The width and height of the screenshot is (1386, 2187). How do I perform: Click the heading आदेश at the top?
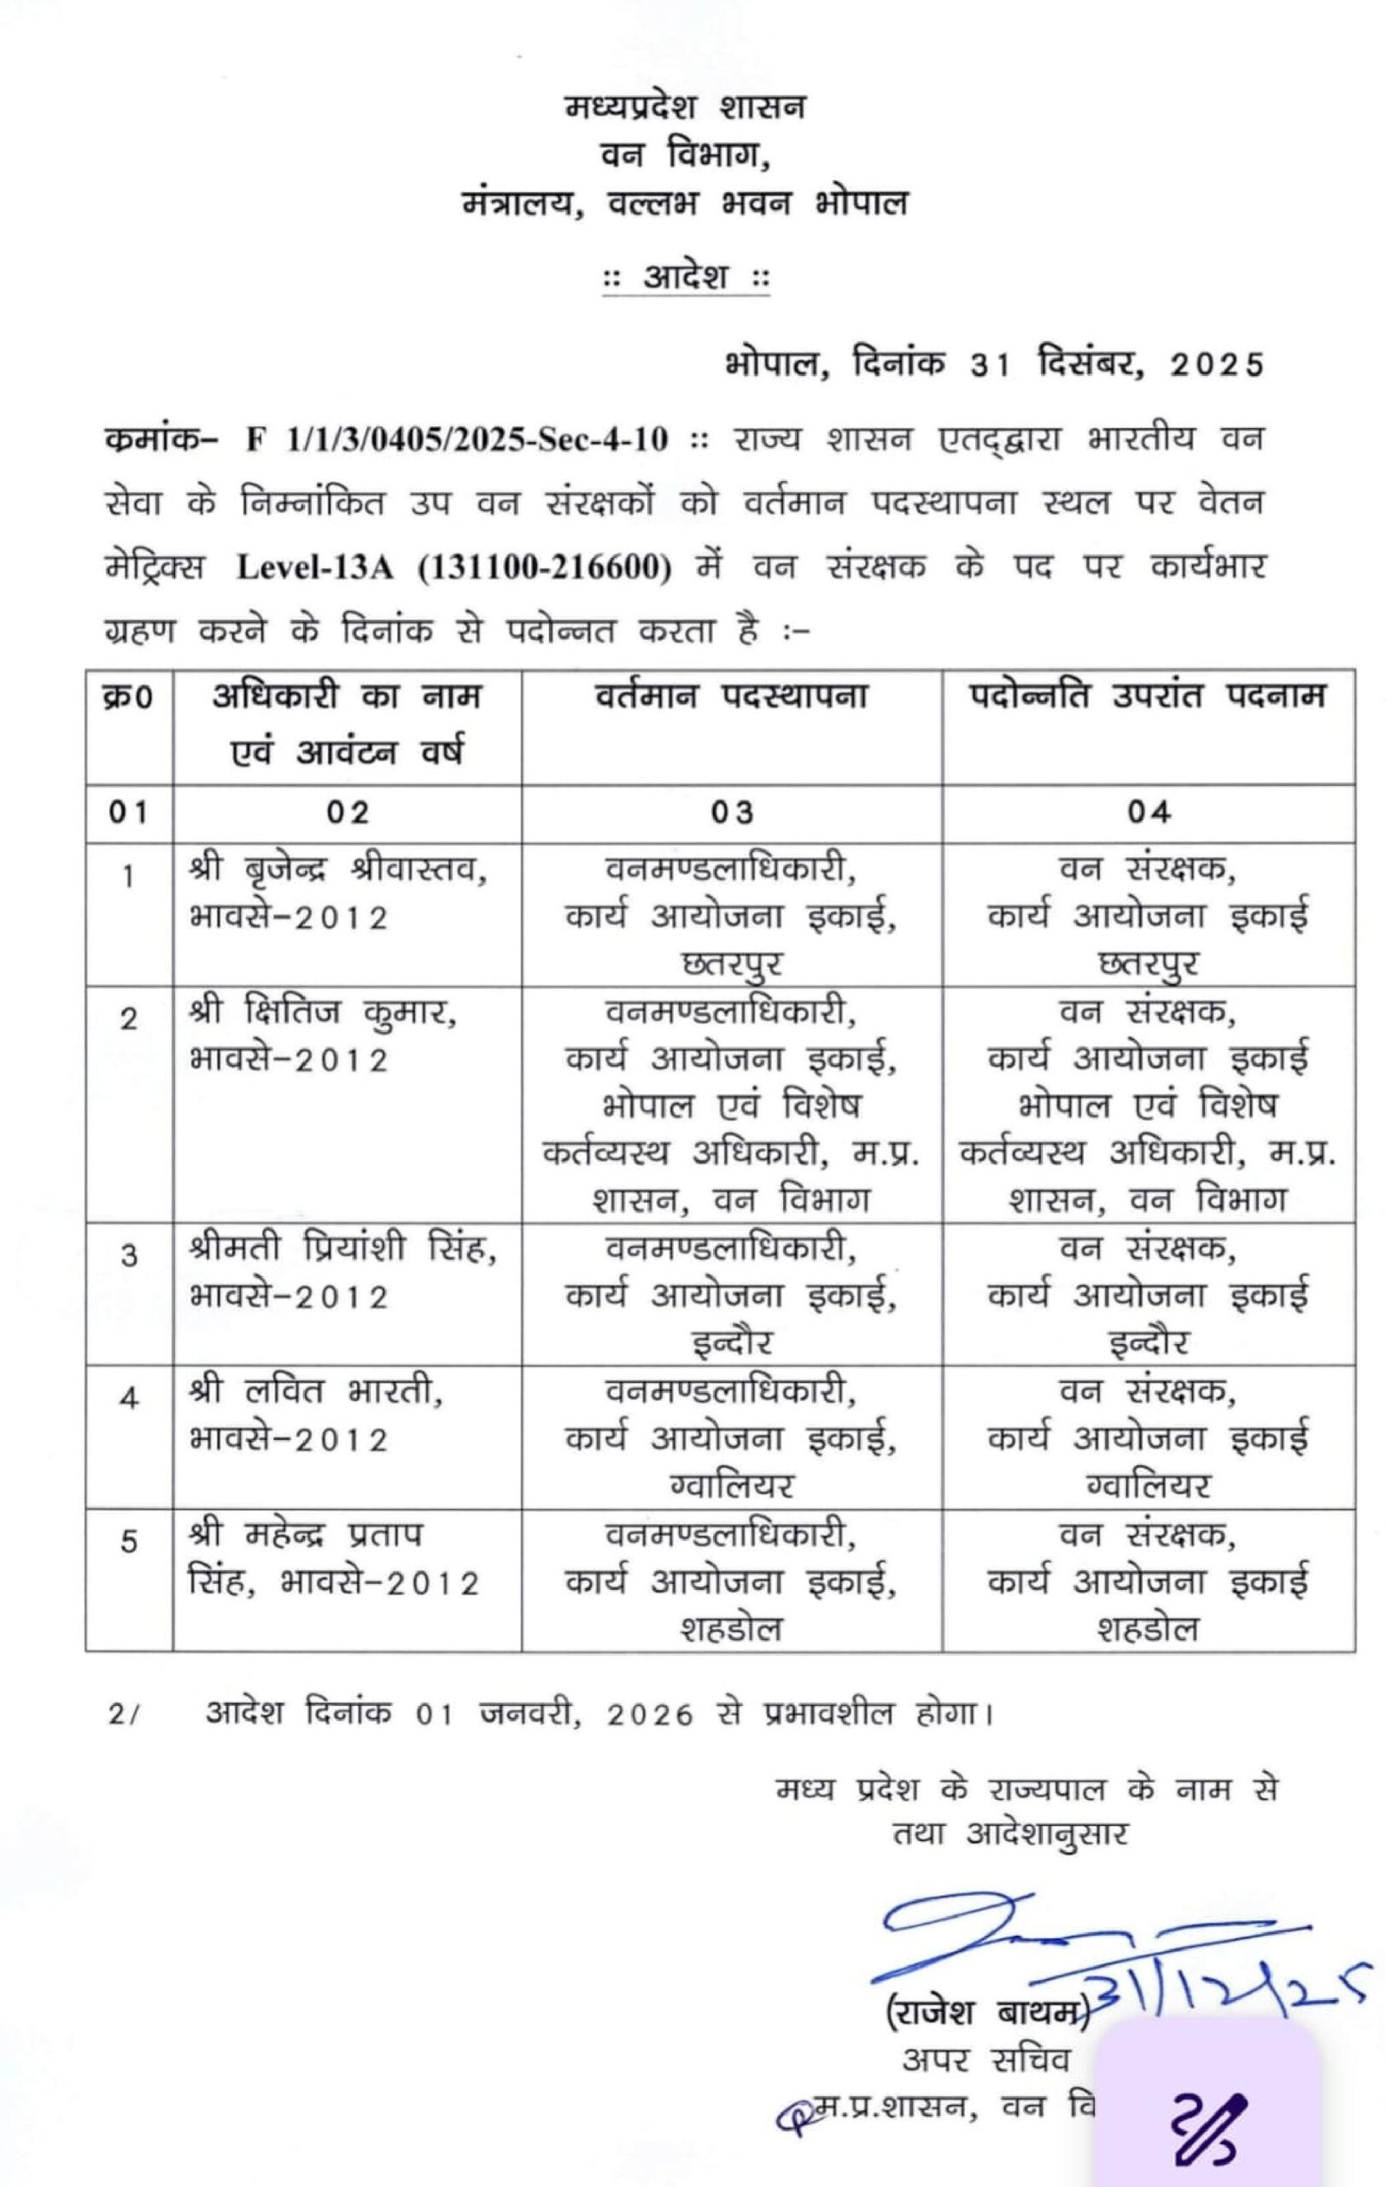click(x=686, y=276)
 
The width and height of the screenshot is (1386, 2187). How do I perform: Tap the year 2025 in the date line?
click(x=1217, y=364)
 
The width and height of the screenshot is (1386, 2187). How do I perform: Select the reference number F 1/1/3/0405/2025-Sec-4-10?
click(x=457, y=440)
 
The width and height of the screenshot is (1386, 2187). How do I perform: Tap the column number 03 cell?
click(x=731, y=812)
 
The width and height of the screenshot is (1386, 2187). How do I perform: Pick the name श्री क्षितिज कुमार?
click(x=323, y=1013)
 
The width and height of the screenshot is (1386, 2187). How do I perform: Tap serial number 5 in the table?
click(x=129, y=1541)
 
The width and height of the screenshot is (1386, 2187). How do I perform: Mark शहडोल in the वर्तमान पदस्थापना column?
click(x=731, y=1628)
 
